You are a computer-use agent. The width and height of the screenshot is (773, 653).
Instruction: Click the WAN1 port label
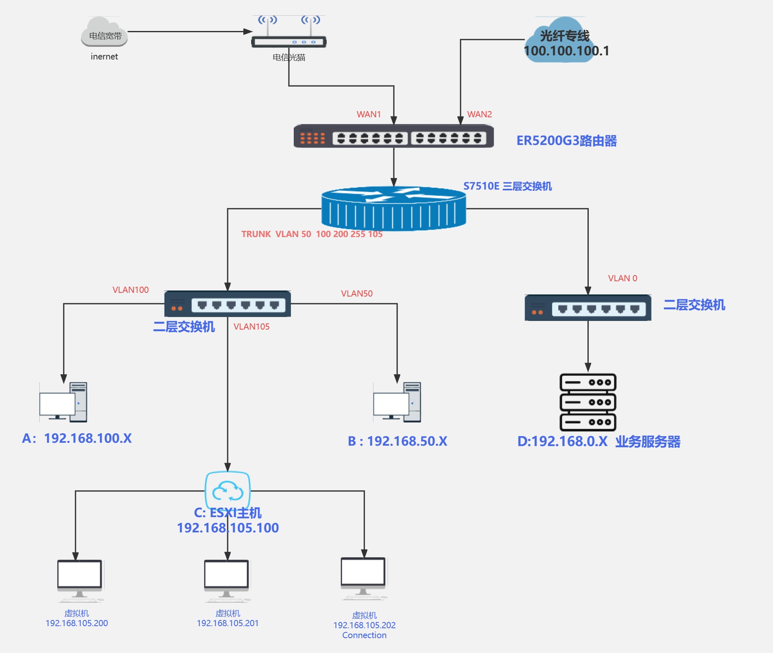(369, 114)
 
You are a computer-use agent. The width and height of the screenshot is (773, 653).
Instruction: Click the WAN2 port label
(479, 114)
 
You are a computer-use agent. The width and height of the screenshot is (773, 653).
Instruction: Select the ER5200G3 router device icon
(393, 136)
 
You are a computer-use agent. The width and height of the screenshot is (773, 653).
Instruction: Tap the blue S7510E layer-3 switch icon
(393, 209)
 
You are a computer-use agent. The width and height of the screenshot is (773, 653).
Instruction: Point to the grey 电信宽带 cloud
(104, 32)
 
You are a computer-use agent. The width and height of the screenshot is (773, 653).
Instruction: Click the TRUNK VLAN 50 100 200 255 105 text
(312, 234)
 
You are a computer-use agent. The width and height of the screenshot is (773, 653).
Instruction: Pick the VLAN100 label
(131, 290)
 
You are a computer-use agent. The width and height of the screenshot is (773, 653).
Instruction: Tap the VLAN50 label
(357, 294)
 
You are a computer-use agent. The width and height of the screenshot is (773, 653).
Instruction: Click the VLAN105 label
(251, 327)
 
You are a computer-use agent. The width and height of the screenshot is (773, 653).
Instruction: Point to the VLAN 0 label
(622, 278)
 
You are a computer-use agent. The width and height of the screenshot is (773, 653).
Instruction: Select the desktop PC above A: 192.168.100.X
(63, 402)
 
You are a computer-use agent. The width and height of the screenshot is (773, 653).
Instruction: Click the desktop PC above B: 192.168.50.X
(397, 402)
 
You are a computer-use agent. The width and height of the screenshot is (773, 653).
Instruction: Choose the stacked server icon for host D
(587, 402)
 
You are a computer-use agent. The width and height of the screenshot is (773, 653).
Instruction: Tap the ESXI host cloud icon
(228, 490)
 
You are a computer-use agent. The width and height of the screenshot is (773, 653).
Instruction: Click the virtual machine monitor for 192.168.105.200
(80, 578)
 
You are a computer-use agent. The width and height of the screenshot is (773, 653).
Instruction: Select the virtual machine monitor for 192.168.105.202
(363, 576)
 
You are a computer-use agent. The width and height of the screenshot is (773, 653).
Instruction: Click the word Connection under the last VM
(364, 635)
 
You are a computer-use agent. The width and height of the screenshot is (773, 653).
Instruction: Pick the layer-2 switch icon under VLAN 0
(587, 308)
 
